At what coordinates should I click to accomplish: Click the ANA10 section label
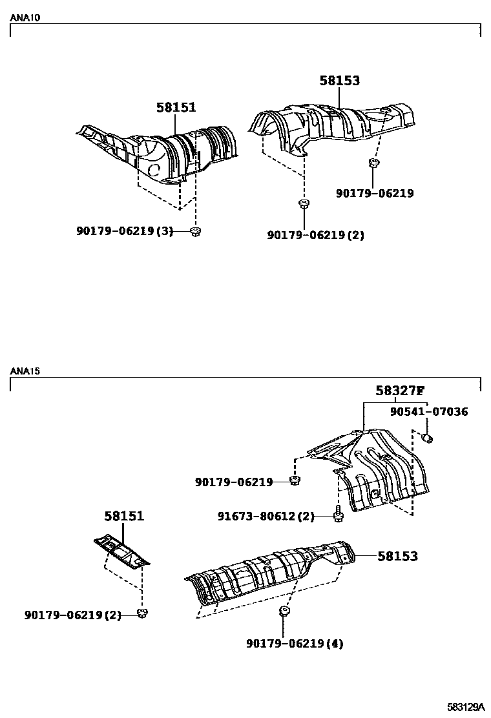pos(25,18)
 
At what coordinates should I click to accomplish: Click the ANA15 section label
pos(25,371)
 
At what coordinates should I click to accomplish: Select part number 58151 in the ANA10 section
pos(176,108)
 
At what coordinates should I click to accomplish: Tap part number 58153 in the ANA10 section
pos(339,81)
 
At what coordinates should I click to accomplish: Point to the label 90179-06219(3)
pos(125,231)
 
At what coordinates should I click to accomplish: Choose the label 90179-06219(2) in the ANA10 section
pos(315,235)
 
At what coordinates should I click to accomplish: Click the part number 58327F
pos(400,391)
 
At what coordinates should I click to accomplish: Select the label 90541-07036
pos(429,412)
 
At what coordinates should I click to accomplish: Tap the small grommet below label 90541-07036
pos(427,439)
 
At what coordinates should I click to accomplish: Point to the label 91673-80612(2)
pos(266,516)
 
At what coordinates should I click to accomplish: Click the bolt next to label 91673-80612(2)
pos(338,516)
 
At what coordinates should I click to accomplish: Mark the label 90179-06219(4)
pos(295,643)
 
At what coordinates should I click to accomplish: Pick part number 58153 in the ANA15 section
pos(397,556)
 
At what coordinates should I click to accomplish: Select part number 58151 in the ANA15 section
pos(124,517)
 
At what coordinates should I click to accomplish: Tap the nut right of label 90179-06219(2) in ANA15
pos(143,613)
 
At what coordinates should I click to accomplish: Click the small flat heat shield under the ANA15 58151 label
pos(121,551)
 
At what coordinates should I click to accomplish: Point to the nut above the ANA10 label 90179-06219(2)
pos(302,205)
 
